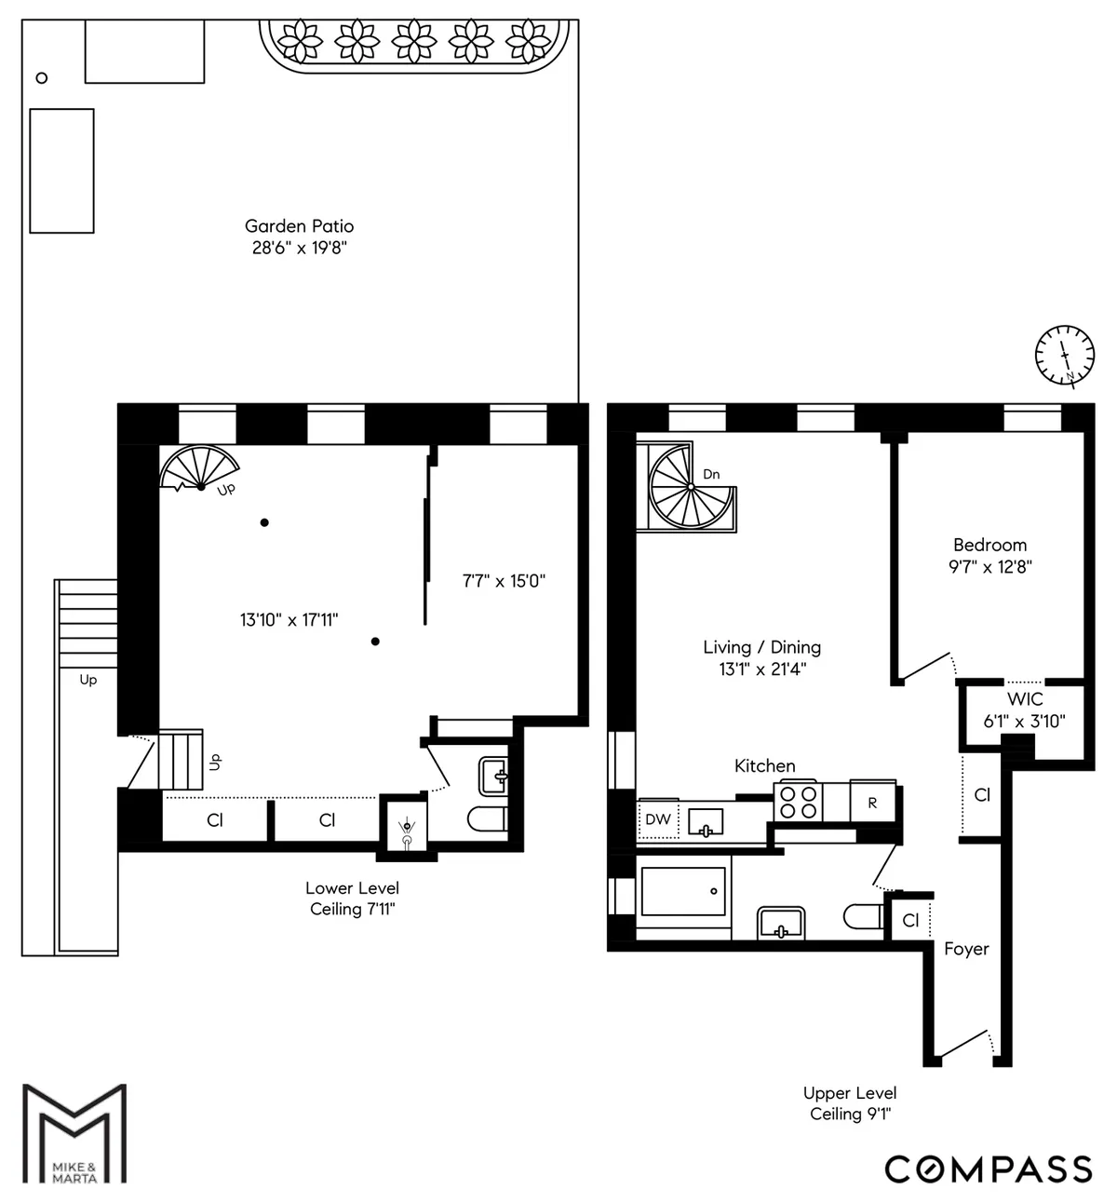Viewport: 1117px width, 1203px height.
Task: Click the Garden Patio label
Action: point(299,226)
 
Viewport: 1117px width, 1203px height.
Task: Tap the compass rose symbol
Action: point(1064,355)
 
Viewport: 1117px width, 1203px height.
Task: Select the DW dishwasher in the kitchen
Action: point(657,819)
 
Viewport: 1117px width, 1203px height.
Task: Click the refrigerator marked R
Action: point(872,802)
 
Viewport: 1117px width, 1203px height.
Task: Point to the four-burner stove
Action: point(799,802)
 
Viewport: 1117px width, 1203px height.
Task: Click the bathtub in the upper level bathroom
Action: point(683,892)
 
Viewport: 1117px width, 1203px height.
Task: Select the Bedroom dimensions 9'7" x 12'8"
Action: point(989,566)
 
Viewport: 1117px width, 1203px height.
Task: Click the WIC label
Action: point(1024,699)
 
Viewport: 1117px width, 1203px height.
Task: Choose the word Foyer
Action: point(966,949)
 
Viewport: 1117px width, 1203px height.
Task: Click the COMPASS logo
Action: point(988,1169)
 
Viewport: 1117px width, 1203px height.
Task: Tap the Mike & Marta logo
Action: point(74,1133)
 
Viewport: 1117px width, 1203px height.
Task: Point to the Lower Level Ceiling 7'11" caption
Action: point(352,899)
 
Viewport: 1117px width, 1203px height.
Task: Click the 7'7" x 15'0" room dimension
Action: point(504,581)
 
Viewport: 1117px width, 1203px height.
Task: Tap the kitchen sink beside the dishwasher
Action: point(706,821)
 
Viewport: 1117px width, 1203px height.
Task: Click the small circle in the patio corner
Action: point(41,78)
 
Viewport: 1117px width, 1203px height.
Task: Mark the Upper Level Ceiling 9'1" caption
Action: point(850,1103)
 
